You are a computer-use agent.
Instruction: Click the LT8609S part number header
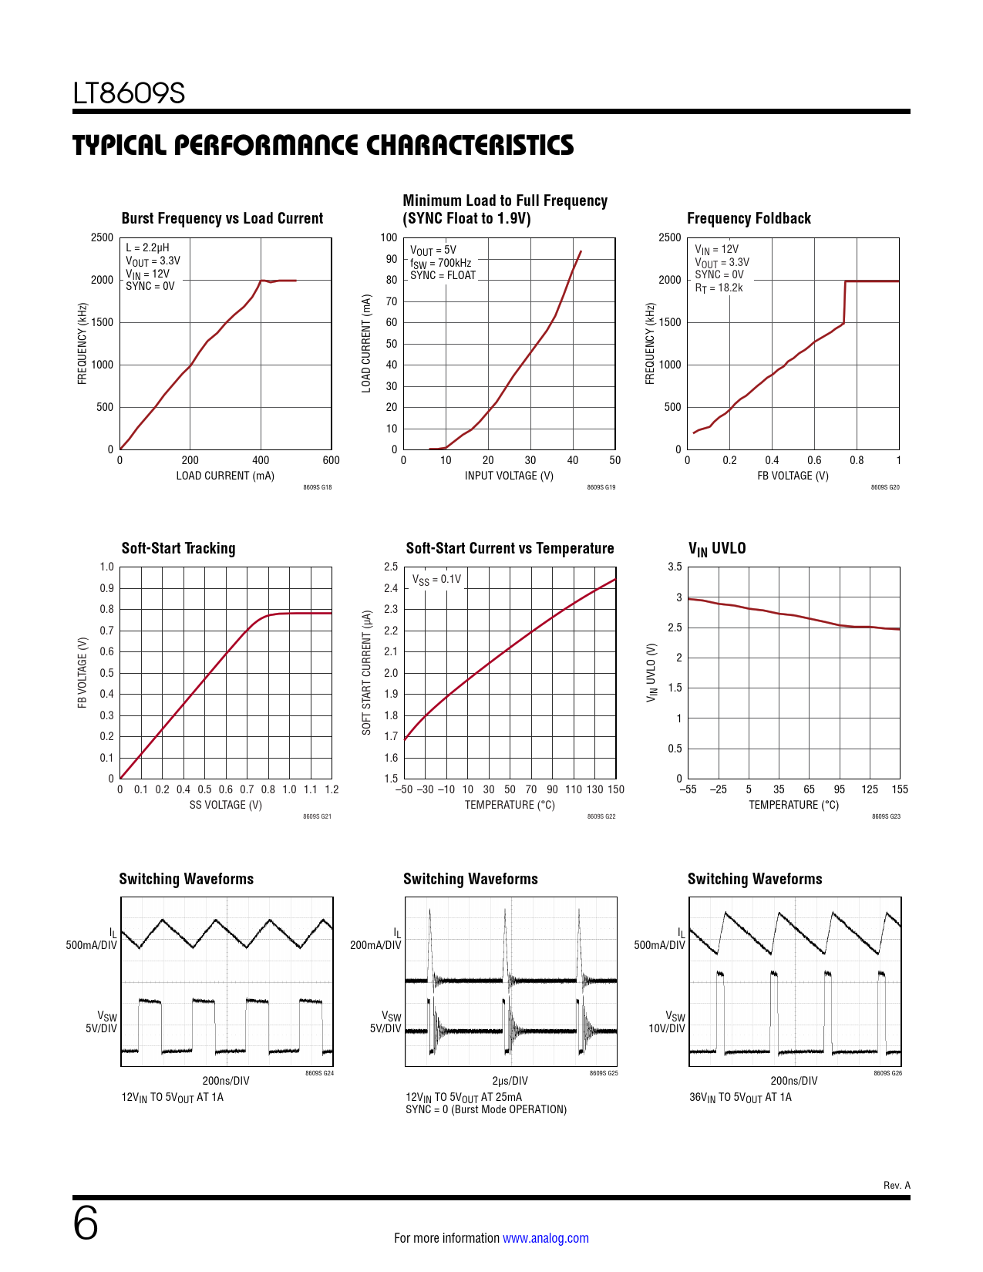(x=129, y=93)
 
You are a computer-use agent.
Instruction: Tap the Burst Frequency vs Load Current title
(x=222, y=218)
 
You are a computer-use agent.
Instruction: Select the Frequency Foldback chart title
(x=749, y=218)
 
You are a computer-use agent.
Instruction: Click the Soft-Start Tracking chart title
(x=178, y=548)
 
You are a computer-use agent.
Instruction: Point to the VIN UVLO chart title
(x=716, y=548)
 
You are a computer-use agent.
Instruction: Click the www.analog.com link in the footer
(x=546, y=1237)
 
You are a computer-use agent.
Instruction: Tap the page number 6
(x=86, y=1223)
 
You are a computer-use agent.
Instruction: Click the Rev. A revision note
(x=897, y=1185)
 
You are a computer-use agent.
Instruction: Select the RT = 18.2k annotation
(x=719, y=288)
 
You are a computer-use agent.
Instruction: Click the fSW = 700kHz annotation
(x=440, y=263)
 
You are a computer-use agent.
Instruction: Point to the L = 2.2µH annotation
(x=147, y=247)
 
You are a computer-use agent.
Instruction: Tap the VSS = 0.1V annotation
(x=436, y=580)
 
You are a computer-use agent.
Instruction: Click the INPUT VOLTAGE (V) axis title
(x=509, y=476)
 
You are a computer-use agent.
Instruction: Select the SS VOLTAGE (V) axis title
(x=225, y=805)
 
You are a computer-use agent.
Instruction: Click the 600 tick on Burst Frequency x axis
(x=332, y=460)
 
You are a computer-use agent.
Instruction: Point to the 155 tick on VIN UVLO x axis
(x=900, y=789)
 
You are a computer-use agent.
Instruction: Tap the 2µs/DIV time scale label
(x=510, y=1081)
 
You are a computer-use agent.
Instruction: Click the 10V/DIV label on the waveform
(x=666, y=1028)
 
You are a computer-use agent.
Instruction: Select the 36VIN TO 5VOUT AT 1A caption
(x=740, y=1098)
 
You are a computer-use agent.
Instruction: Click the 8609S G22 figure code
(x=601, y=816)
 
